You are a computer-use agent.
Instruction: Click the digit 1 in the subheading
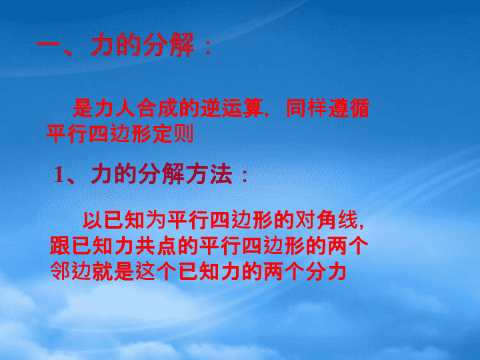59,175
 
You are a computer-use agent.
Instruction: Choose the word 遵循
349,108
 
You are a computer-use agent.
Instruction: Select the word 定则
173,133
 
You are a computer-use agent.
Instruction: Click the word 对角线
326,220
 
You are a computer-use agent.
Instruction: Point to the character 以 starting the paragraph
93,220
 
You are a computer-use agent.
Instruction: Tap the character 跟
60,245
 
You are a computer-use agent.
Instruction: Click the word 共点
156,245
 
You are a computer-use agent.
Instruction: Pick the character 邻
60,271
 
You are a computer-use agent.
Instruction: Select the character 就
103,271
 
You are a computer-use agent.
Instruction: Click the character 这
145,271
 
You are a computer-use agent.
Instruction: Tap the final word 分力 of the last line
326,271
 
